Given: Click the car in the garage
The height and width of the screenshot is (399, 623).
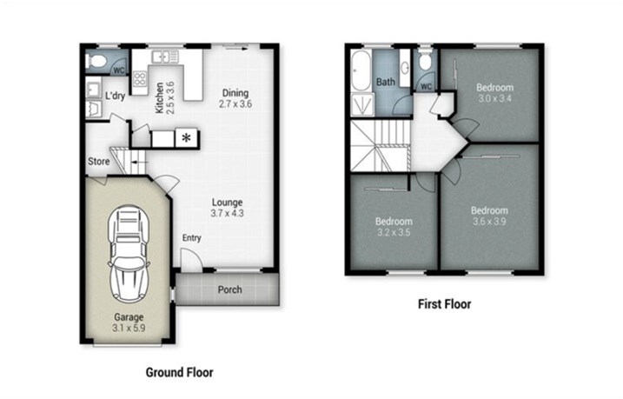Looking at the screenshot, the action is click(x=129, y=254).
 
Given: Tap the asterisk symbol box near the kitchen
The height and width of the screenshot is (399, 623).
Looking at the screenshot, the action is click(x=186, y=138).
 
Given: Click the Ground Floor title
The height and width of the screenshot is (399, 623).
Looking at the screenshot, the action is click(x=180, y=372).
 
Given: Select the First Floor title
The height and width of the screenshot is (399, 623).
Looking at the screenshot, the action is click(x=444, y=304).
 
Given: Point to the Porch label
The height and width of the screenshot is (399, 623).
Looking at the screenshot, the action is click(x=229, y=289).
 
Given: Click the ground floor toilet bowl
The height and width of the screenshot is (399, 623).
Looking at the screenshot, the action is click(x=96, y=61).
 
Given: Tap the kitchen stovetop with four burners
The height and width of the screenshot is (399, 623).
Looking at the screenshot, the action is click(x=140, y=78).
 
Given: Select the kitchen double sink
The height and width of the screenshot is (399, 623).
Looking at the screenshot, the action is click(x=165, y=57).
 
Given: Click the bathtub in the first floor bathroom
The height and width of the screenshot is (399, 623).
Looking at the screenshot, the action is click(x=361, y=70).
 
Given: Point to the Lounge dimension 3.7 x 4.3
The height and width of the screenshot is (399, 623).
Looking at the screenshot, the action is click(x=227, y=214).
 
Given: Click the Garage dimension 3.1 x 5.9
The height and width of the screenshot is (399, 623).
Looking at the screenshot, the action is click(x=129, y=329).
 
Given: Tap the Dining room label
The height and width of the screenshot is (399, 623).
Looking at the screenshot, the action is click(x=235, y=93).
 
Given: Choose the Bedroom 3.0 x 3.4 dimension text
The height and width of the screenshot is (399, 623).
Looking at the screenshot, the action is click(x=494, y=98).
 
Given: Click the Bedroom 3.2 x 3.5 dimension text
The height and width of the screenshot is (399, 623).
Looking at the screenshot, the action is click(x=394, y=232).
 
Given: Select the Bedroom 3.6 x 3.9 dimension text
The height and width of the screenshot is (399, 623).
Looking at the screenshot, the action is click(x=489, y=222).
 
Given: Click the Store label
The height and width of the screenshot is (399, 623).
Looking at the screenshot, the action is click(x=98, y=162).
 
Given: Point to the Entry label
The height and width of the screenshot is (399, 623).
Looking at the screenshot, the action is click(x=191, y=237).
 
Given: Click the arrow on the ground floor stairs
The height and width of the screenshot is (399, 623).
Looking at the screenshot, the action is click(x=138, y=163).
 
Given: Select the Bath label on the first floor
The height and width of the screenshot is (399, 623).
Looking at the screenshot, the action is click(x=386, y=82).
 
